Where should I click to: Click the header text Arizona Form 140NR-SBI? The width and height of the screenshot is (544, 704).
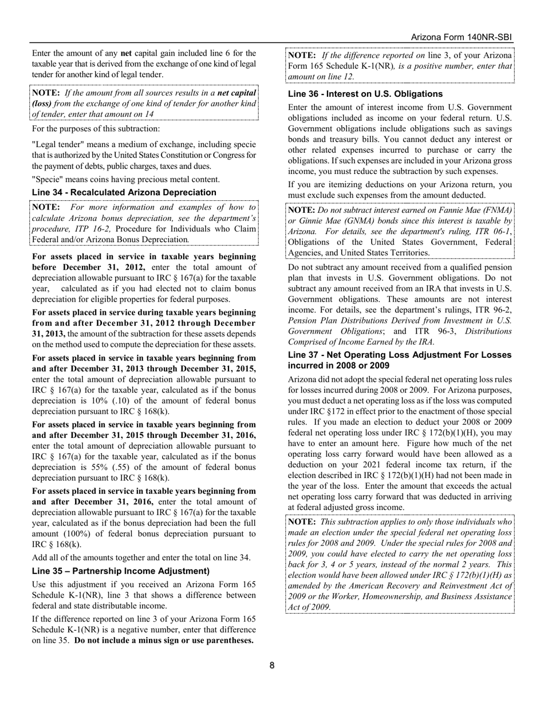(461, 37)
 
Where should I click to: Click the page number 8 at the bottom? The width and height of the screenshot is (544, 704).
(272, 665)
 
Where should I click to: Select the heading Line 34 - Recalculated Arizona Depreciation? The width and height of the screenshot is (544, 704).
(124, 192)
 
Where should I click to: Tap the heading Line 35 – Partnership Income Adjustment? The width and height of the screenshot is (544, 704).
(121, 571)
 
